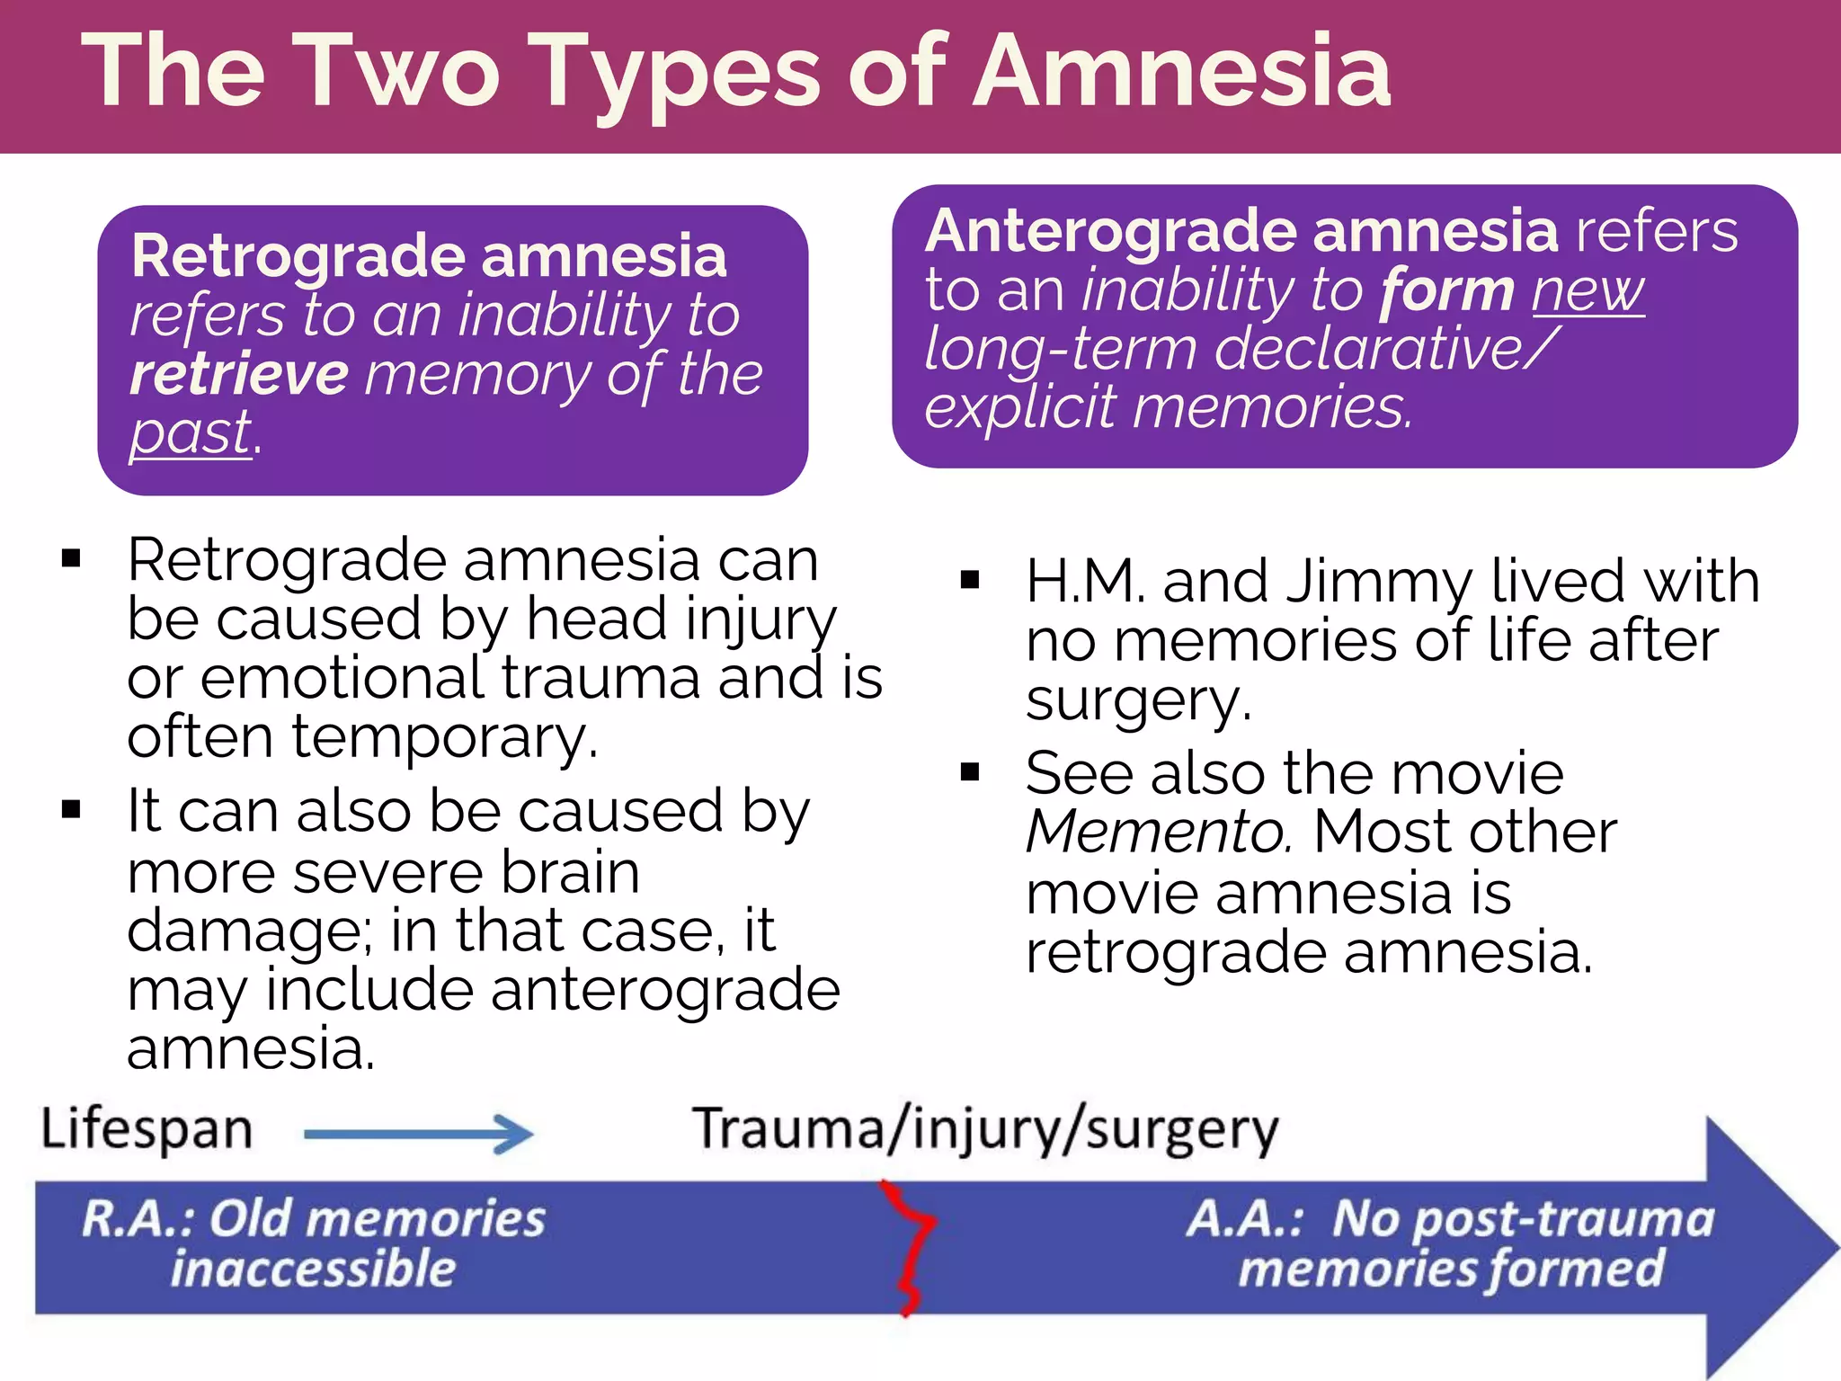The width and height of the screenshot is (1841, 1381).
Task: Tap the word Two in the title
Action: pyautogui.click(x=396, y=72)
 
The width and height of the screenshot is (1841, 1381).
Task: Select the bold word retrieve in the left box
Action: pyautogui.click(x=239, y=374)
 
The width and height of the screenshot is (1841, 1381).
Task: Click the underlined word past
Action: pyautogui.click(x=191, y=433)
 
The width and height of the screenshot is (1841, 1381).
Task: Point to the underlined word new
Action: pyautogui.click(x=1588, y=291)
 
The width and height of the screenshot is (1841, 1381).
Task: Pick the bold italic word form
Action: pyautogui.click(x=1447, y=291)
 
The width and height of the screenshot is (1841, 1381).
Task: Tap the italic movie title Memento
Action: pyautogui.click(x=1158, y=833)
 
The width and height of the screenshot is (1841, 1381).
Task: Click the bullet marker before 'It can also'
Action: pyautogui.click(x=71, y=810)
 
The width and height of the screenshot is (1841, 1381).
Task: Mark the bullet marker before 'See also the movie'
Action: pyautogui.click(x=969, y=772)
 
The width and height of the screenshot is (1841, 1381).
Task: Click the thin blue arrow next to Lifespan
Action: pyautogui.click(x=419, y=1134)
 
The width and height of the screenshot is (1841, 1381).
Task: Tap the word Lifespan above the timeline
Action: pyautogui.click(x=147, y=1129)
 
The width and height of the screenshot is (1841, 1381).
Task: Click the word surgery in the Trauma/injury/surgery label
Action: pyautogui.click(x=1181, y=1131)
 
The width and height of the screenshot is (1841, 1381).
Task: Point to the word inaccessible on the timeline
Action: pyautogui.click(x=314, y=1270)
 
